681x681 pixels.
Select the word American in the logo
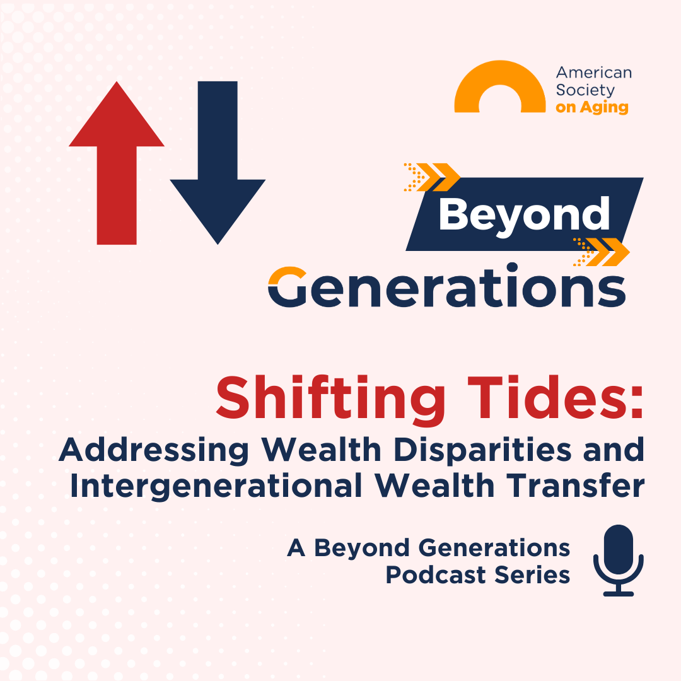pos(593,73)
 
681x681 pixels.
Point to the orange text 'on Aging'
pos(591,107)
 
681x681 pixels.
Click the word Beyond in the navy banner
pos(524,214)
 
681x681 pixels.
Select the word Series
pos(536,575)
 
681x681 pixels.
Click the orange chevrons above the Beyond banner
pos(433,177)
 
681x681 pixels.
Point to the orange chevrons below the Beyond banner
pos(602,252)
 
